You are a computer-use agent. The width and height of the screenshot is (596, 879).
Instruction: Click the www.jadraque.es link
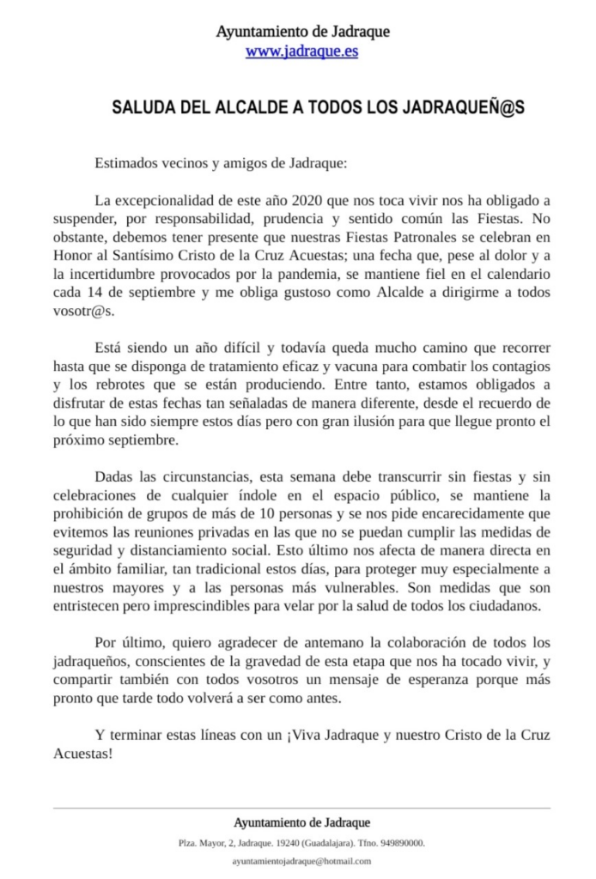(301, 52)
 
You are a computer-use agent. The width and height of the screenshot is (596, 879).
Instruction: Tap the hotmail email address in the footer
(301, 861)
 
